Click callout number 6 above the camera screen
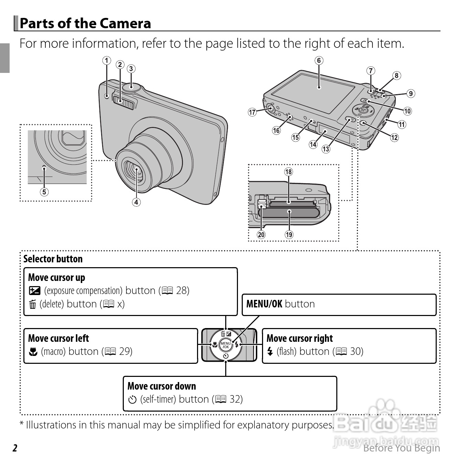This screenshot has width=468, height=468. (319, 61)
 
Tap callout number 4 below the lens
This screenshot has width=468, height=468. (136, 202)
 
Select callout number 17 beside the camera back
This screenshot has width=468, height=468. (252, 112)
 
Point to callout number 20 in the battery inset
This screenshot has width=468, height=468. (261, 235)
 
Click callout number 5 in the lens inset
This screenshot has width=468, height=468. (44, 192)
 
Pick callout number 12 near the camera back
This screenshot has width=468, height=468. (394, 138)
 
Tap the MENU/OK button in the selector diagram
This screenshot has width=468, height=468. (226, 345)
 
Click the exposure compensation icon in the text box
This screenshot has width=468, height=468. (34, 291)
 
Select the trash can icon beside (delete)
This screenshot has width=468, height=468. (33, 304)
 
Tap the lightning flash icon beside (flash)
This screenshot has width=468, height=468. (270, 351)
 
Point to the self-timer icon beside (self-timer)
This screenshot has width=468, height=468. (132, 400)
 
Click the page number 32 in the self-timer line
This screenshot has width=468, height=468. (236, 399)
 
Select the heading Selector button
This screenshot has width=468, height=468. (53, 259)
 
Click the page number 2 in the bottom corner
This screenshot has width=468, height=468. (15, 448)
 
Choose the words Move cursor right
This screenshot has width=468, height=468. (300, 339)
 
